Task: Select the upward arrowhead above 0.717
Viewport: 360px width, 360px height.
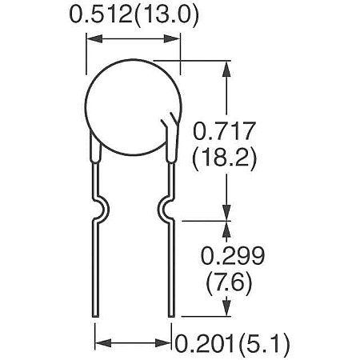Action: click(x=227, y=66)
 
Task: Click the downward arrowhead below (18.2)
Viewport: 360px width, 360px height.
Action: click(x=227, y=212)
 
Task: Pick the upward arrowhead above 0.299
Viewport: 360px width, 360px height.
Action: click(x=227, y=226)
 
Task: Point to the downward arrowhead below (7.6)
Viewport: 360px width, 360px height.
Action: click(x=227, y=310)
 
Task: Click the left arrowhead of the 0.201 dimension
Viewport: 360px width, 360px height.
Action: click(x=101, y=343)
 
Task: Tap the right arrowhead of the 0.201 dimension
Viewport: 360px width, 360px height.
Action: click(x=169, y=343)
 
